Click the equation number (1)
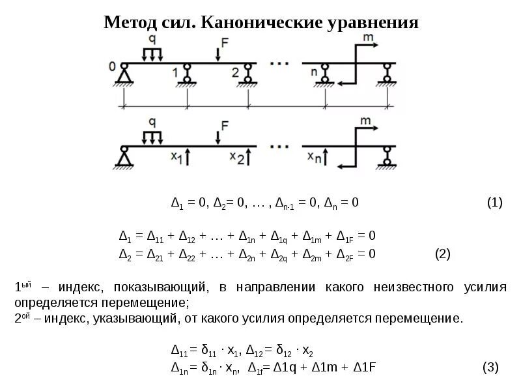[494, 203]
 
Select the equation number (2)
[442, 253]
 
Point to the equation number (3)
[490, 368]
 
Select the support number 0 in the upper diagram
[113, 66]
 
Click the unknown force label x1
[175, 157]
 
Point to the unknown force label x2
[237, 157]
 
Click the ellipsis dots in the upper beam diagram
[279, 63]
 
